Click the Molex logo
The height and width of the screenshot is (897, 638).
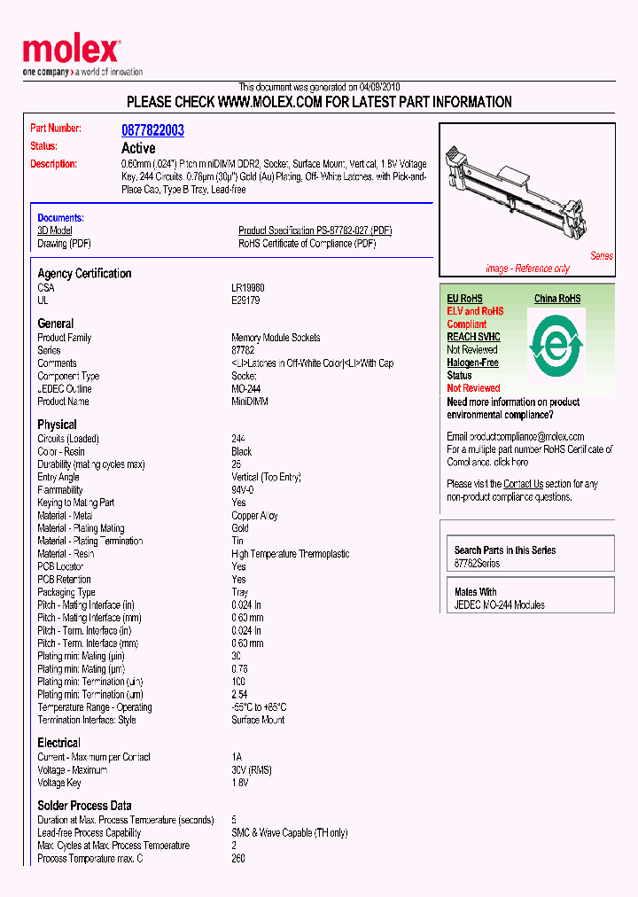(71, 51)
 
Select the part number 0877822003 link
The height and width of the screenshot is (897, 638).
(152, 130)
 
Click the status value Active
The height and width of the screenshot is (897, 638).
(138, 148)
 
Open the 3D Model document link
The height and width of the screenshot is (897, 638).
(55, 230)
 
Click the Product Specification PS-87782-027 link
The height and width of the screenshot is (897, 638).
(315, 230)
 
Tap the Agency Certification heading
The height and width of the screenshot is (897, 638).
(84, 274)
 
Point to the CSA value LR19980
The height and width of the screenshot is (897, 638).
(248, 288)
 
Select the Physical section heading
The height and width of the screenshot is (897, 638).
(57, 425)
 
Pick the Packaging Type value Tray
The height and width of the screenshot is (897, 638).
(240, 592)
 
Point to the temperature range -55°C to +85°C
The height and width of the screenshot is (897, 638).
(259, 707)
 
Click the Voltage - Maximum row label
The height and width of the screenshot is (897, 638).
(72, 770)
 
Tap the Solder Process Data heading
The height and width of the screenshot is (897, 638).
(84, 806)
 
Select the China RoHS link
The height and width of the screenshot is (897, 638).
(557, 299)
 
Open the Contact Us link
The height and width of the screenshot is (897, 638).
(523, 484)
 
